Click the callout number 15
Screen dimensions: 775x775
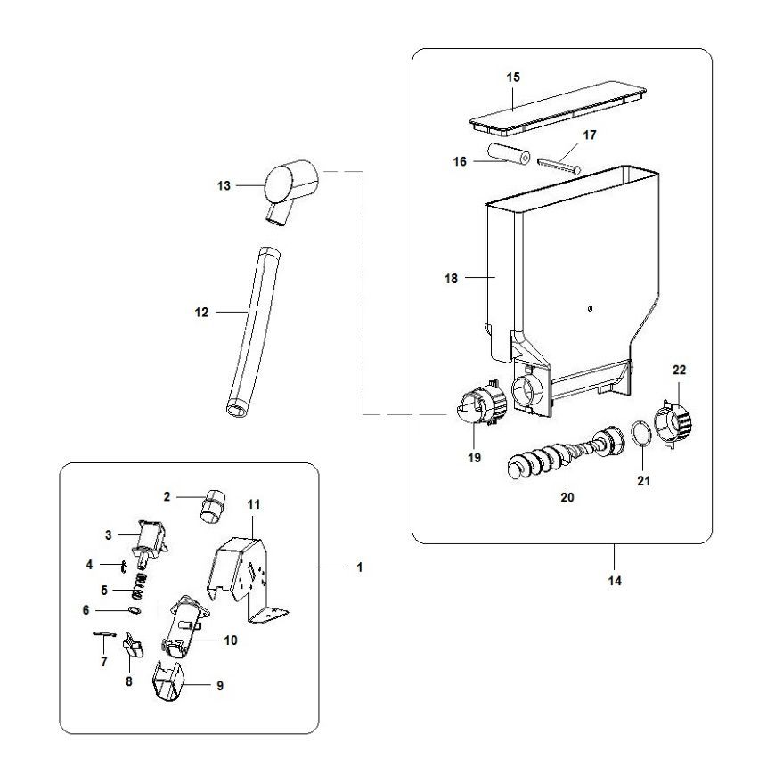point(513,77)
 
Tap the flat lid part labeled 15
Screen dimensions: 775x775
point(558,107)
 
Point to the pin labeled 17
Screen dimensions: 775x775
point(559,166)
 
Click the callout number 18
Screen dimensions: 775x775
point(451,279)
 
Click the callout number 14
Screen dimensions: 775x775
point(615,581)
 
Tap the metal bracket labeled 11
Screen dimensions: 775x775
point(247,578)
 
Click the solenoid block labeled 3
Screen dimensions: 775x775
point(150,542)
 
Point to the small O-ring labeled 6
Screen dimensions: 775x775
point(134,610)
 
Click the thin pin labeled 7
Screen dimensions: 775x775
point(105,634)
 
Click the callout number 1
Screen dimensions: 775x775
point(359,567)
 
